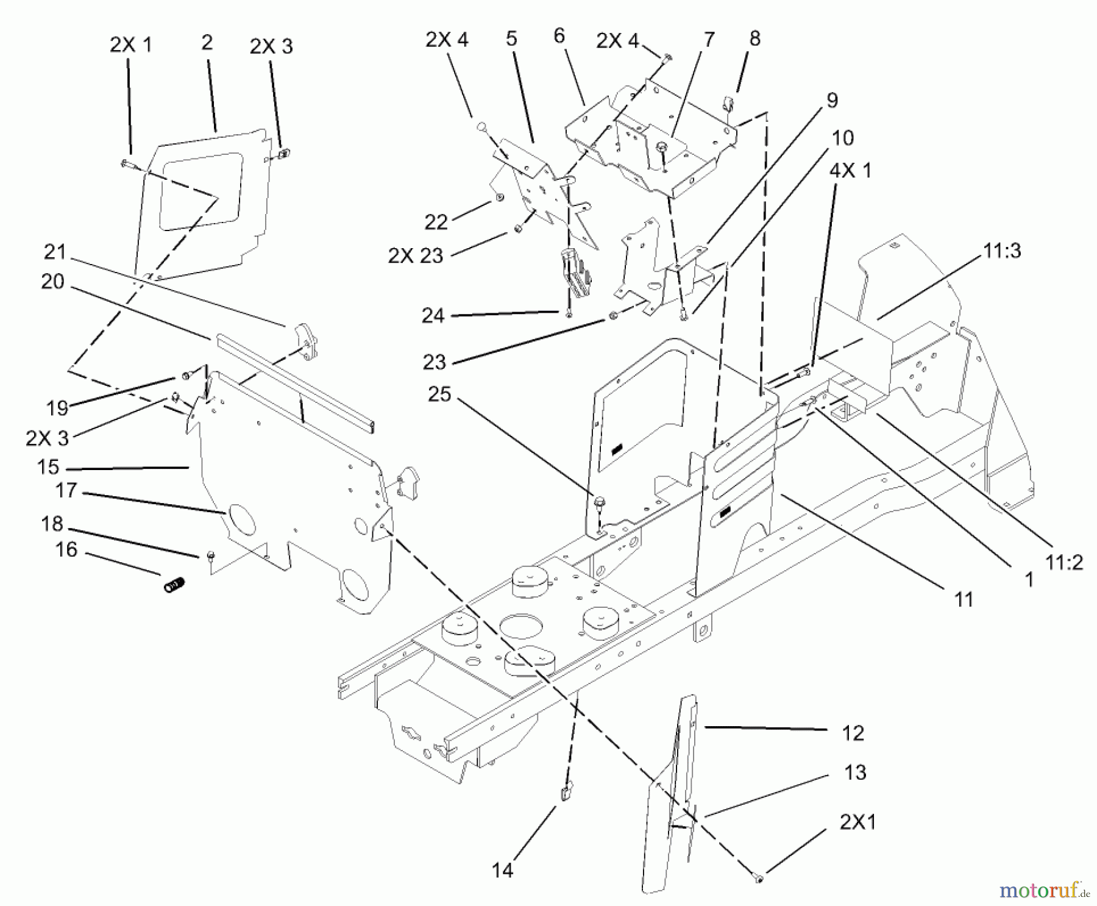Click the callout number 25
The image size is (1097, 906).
[x=439, y=394]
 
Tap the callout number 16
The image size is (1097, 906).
[x=66, y=550]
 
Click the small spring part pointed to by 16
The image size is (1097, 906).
[x=174, y=586]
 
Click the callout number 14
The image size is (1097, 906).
[x=502, y=870]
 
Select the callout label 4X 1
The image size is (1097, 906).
[x=850, y=171]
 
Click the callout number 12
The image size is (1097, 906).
[x=853, y=733]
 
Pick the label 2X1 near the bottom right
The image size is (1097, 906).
[x=857, y=822]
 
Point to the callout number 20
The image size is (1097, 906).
[x=52, y=282]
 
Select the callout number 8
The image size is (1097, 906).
[x=754, y=38]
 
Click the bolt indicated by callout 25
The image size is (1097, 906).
[x=598, y=502]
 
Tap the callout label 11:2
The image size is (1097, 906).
[x=1064, y=562]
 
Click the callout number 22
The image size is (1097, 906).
[x=436, y=222]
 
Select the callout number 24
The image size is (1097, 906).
[x=433, y=316]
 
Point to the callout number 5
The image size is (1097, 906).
[x=511, y=38]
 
